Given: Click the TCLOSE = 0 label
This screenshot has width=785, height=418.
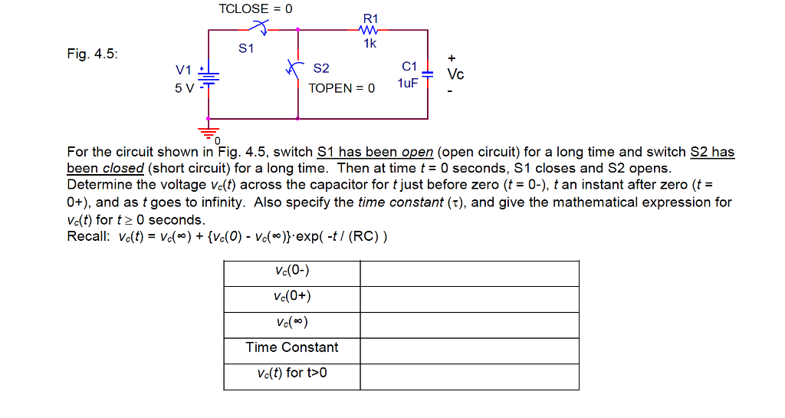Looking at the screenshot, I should point(255,9).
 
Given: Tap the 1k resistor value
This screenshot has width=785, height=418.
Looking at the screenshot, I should point(370,44).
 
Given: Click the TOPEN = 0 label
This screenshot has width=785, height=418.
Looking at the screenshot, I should point(342,88).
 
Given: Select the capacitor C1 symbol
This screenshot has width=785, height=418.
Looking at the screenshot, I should point(427,74).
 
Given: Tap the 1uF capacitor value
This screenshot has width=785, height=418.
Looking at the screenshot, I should point(408,83).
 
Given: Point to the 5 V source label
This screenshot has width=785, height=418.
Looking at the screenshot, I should point(184,88).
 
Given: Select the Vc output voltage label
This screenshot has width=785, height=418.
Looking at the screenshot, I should point(456,74).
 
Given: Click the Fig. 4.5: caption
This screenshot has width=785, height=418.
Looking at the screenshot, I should point(93,55).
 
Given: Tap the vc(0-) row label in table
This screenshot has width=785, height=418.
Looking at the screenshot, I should point(292,271).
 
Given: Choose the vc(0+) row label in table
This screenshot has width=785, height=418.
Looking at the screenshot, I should point(292,297).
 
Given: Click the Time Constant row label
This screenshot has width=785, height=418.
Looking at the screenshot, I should point(292,347).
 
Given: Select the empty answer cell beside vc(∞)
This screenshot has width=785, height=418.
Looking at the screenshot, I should point(469,323).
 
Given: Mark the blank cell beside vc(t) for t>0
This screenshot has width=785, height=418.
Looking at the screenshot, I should point(469,375).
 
